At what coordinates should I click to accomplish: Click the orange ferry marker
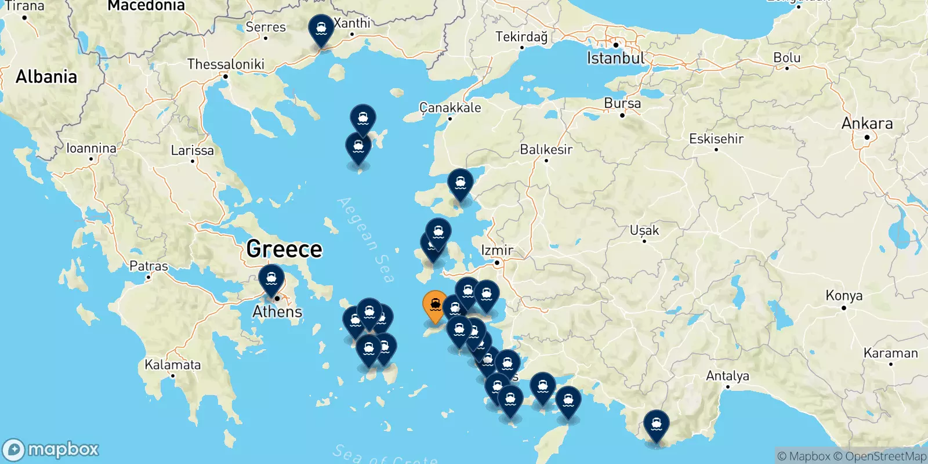pyautogui.click(x=435, y=304)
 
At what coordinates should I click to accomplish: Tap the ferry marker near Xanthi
pyautogui.click(x=321, y=29)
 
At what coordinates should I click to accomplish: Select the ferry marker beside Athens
pyautogui.click(x=271, y=279)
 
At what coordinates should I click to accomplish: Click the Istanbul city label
pyautogui.click(x=615, y=58)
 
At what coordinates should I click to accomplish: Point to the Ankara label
pyautogui.click(x=867, y=124)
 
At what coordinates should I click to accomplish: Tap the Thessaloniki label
pyautogui.click(x=226, y=64)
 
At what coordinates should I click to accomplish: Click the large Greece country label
pyautogui.click(x=284, y=249)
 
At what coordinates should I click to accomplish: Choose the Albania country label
pyautogui.click(x=46, y=77)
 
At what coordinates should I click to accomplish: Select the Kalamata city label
pyautogui.click(x=173, y=365)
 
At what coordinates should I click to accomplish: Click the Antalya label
pyautogui.click(x=727, y=376)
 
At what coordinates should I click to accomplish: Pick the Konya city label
pyautogui.click(x=844, y=296)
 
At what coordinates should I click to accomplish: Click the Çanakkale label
pyautogui.click(x=450, y=108)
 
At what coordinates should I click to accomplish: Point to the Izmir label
pyautogui.click(x=497, y=251)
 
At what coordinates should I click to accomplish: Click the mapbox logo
pyautogui.click(x=51, y=449)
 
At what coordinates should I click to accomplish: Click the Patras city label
pyautogui.click(x=148, y=266)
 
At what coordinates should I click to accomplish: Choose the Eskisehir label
pyautogui.click(x=716, y=139)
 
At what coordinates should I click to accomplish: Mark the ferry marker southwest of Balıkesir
pyautogui.click(x=460, y=183)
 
